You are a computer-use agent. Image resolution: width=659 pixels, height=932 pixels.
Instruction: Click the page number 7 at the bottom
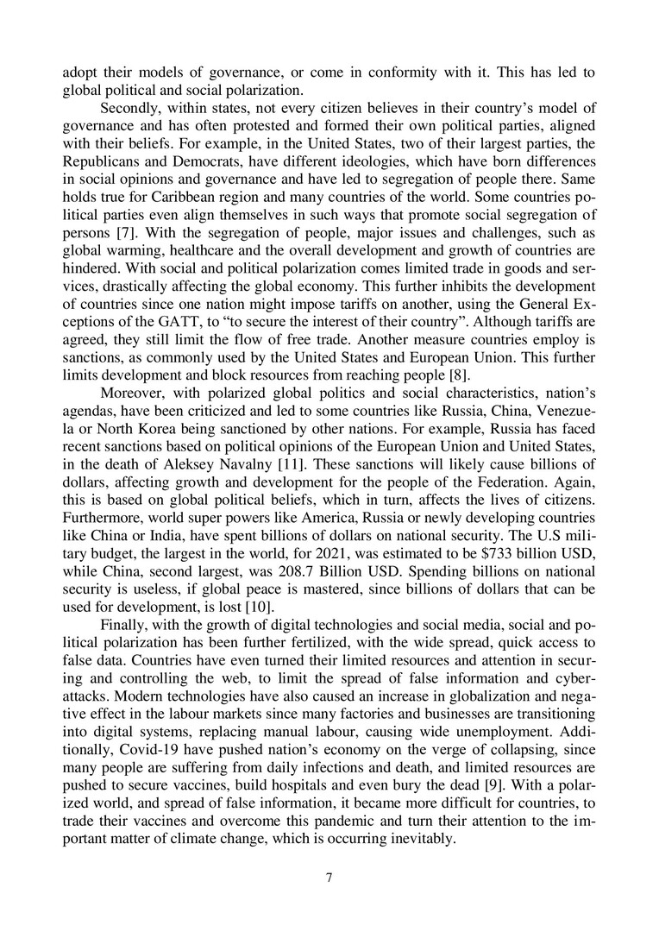[329, 879]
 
